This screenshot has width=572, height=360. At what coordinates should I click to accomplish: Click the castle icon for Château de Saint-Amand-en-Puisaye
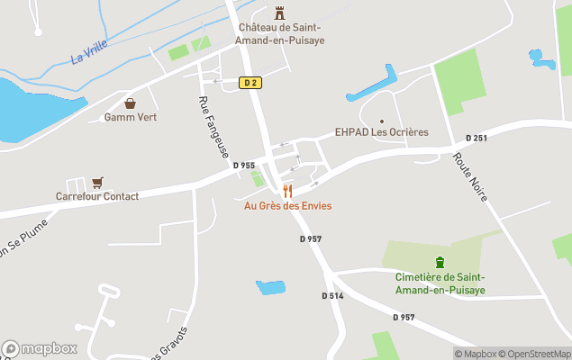point(280,13)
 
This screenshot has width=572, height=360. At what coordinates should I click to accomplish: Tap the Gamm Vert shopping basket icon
point(131,103)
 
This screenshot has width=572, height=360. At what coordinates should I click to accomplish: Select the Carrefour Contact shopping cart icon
point(97,182)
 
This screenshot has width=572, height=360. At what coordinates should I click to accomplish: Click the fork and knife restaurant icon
point(287,191)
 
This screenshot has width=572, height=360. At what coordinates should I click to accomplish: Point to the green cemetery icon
point(440,262)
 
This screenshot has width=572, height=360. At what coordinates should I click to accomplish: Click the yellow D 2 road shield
point(250,82)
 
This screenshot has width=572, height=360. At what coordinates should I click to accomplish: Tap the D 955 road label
point(243,166)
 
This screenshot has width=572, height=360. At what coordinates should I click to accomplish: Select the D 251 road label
point(477,138)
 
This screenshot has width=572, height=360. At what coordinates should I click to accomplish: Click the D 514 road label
point(332,295)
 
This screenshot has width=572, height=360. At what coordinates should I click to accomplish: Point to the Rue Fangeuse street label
point(213,129)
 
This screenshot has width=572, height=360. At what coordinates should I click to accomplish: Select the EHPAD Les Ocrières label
point(381,132)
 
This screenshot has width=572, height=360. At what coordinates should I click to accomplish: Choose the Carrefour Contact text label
point(97,196)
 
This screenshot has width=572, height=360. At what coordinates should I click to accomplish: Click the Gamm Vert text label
point(131,117)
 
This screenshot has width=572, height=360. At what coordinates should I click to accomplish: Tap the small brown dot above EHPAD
point(382,121)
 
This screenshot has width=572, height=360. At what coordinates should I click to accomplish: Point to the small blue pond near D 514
point(270,288)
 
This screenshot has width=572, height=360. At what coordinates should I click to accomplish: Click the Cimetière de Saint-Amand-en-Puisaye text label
point(440,283)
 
